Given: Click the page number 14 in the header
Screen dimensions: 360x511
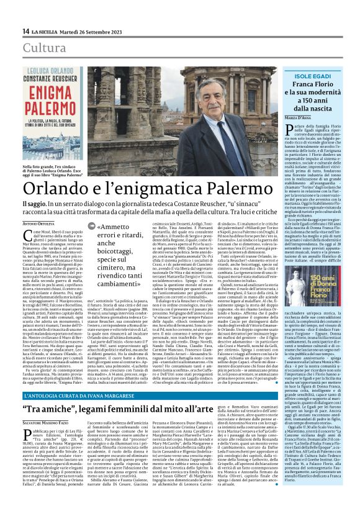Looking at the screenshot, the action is point(25,30).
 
